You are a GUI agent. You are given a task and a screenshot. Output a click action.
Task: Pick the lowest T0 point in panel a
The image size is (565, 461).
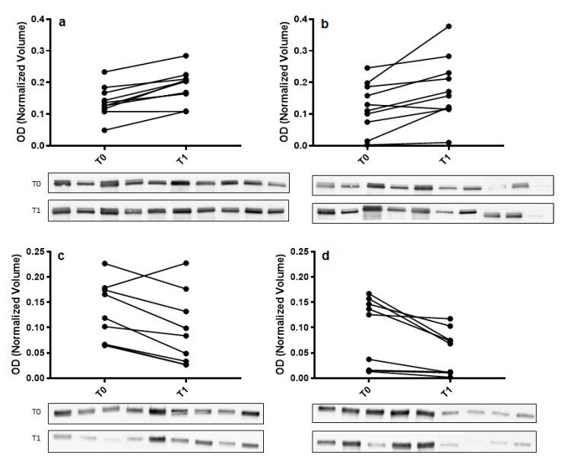(x=104, y=130)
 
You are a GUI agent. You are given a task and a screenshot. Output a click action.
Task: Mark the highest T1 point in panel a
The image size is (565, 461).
(x=186, y=56)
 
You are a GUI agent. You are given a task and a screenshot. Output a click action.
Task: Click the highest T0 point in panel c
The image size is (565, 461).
(x=104, y=264)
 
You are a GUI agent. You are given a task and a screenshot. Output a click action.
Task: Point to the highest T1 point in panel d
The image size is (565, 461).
(x=449, y=319)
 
